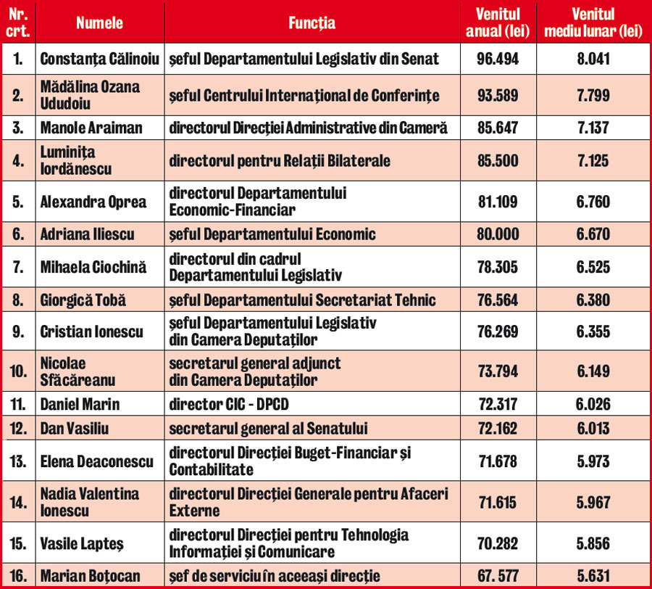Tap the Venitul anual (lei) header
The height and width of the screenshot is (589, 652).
498,23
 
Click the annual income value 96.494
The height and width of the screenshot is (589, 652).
498,59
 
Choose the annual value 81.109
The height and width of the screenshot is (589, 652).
498,202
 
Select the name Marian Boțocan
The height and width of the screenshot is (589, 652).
91,577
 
